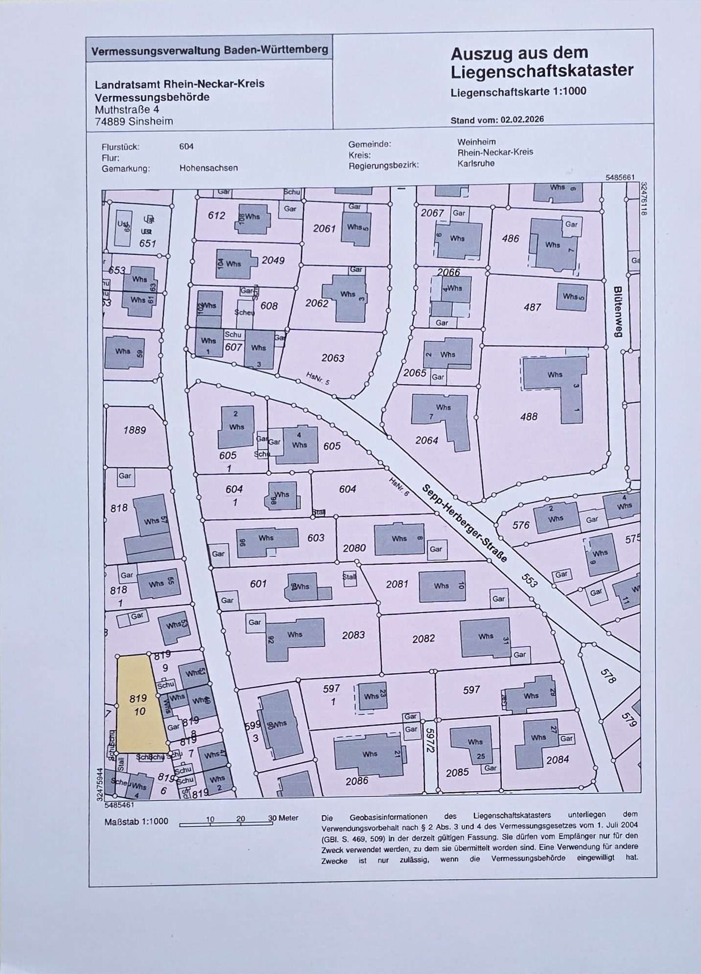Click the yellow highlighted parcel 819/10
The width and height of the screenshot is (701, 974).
point(139,706)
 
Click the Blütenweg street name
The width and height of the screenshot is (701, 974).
point(617,312)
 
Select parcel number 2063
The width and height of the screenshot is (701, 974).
point(333,358)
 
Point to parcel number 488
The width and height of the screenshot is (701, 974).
point(528,416)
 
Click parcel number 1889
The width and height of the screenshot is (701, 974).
point(134,430)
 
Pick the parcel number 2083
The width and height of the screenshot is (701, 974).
point(353,635)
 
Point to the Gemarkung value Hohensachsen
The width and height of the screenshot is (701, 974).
point(209,168)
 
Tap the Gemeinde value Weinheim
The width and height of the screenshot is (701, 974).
point(476,142)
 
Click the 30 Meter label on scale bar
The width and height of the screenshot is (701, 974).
point(283,818)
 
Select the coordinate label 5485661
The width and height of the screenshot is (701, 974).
point(620,178)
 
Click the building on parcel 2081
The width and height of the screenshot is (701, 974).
point(442,585)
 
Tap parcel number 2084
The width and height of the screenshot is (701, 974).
point(557,760)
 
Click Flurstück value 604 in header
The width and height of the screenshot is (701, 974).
point(187,146)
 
